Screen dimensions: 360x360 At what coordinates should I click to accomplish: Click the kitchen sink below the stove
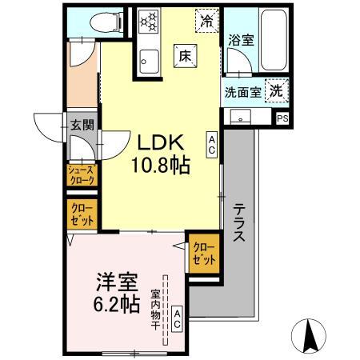[x=150, y=58]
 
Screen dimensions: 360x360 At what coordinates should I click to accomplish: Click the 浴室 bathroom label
[x=241, y=39]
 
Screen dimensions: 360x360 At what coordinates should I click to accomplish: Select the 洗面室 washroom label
[x=243, y=91]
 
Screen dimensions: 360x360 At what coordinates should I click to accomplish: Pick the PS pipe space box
[x=282, y=118]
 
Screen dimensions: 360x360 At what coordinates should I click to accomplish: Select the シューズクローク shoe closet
[x=82, y=174]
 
